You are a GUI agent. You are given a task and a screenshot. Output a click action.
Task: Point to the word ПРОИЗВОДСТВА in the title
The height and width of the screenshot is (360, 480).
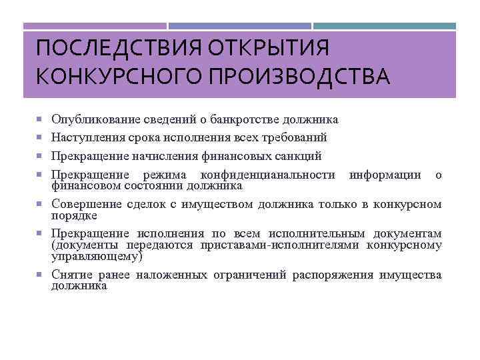pyautogui.click(x=299, y=75)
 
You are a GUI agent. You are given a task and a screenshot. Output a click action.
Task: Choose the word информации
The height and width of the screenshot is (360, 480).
pyautogui.click(x=385, y=175)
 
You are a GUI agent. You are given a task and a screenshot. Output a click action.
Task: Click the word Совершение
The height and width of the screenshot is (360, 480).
pyautogui.click(x=81, y=204)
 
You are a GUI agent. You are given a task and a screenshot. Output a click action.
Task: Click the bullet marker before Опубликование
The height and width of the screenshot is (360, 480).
pyautogui.click(x=40, y=120)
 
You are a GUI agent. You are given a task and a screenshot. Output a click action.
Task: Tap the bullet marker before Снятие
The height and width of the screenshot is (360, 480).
pyautogui.click(x=40, y=275)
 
